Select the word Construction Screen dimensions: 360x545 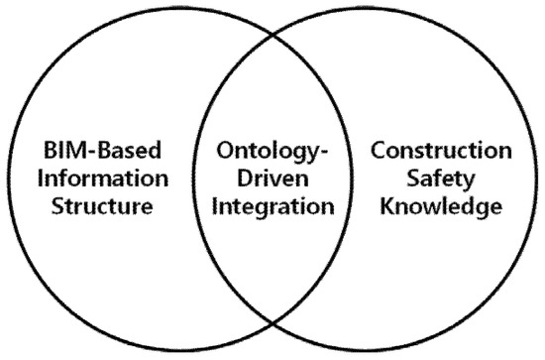[x=441, y=152]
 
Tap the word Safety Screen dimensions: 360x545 [x=441, y=180]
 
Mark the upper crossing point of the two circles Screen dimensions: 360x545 [x=272, y=39]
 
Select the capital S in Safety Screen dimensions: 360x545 [x=415, y=180]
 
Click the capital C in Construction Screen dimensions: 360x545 [x=378, y=152]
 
